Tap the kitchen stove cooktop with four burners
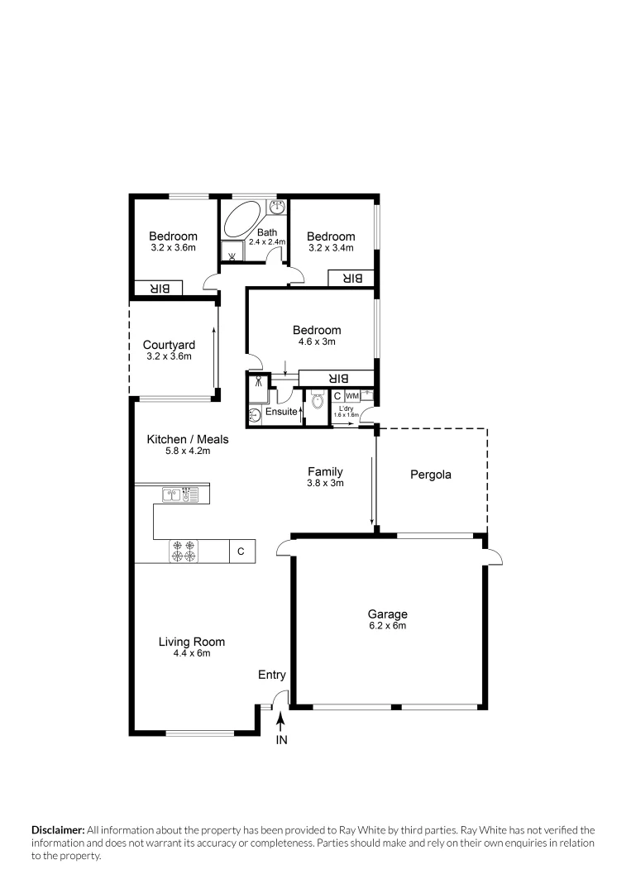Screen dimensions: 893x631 184,551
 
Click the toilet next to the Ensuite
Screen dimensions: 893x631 317,404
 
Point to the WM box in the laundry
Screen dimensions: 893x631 352,396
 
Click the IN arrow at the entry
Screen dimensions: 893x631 281,726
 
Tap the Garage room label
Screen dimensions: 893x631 387,614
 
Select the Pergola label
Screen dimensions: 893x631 431,475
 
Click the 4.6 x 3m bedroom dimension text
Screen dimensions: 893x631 316,341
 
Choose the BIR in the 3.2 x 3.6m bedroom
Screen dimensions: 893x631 159,289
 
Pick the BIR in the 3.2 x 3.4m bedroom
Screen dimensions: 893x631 351,279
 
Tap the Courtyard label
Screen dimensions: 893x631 169,345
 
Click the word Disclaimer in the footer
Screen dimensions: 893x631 58,829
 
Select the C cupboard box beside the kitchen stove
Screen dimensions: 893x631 241,551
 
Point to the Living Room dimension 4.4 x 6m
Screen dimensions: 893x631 191,653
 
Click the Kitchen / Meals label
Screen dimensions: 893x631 188,439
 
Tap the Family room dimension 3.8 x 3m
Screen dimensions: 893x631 325,483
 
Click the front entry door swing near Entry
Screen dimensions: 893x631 280,698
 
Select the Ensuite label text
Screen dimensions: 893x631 281,411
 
